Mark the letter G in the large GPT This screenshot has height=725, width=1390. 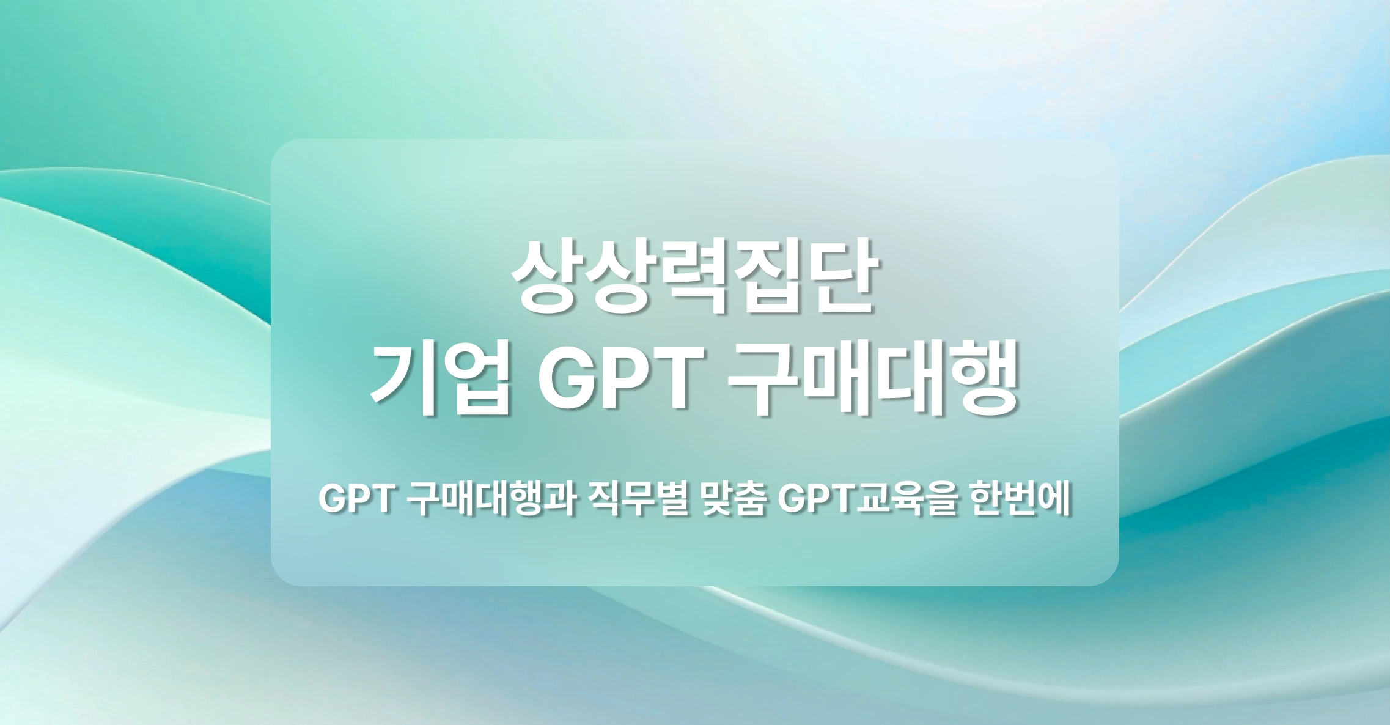565,379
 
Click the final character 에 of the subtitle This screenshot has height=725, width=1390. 1053,501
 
